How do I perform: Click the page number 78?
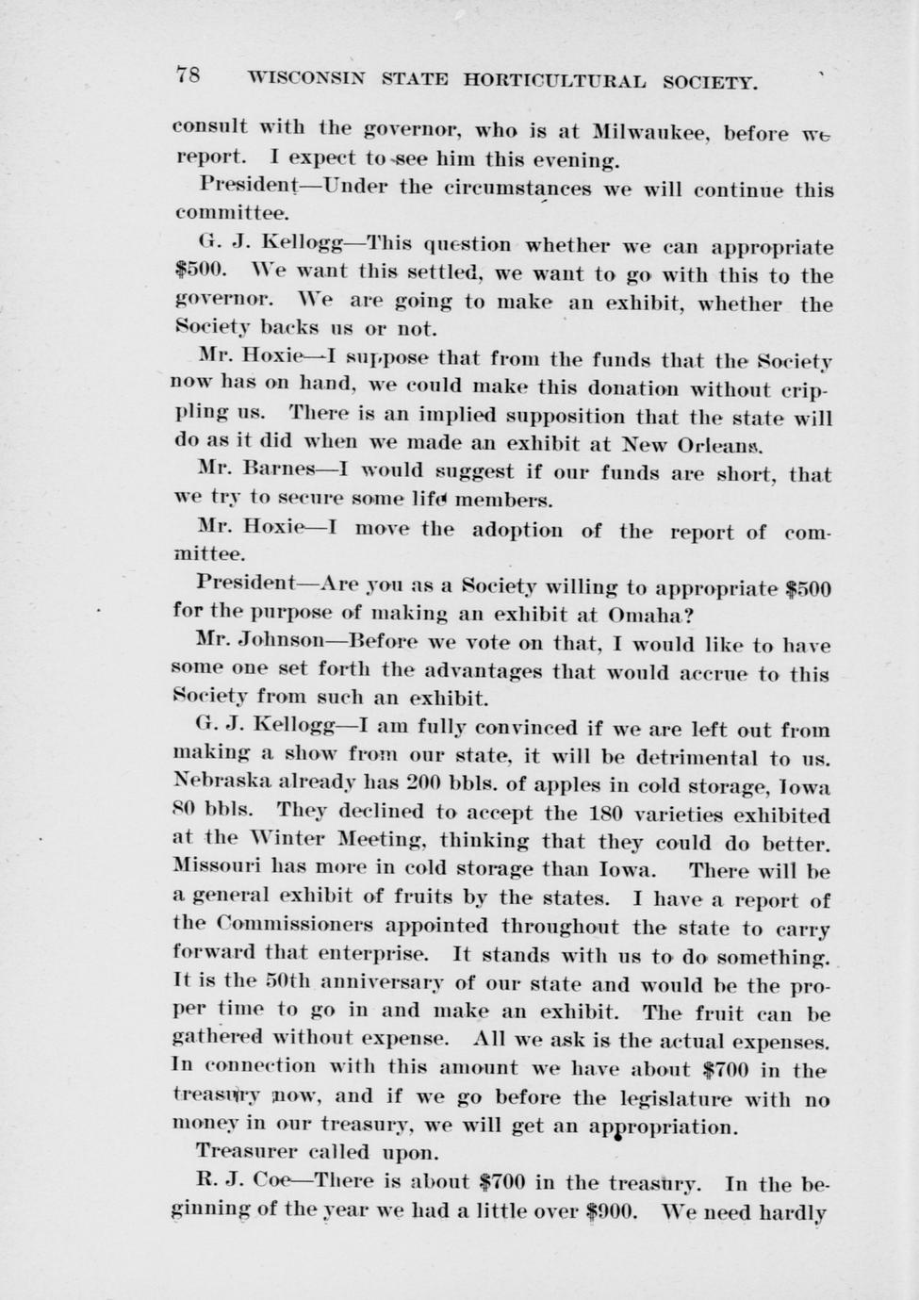coord(187,76)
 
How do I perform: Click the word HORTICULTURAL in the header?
coord(554,81)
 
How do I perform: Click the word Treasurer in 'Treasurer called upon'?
coord(246,1151)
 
